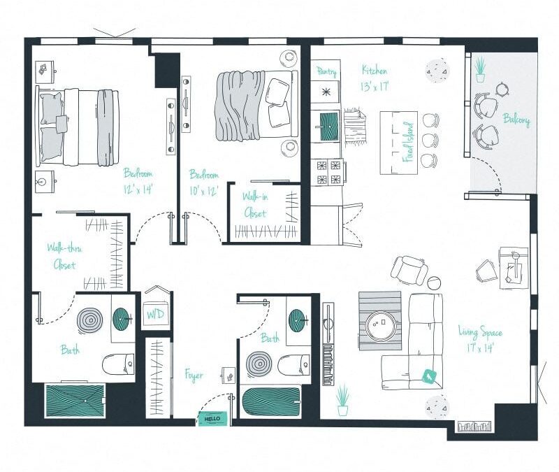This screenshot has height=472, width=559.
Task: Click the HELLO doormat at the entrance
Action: (213, 418)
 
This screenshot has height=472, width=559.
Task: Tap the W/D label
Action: (154, 315)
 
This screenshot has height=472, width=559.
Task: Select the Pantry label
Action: (326, 72)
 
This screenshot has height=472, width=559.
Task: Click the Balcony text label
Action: (516, 120)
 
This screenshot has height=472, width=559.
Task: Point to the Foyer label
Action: (194, 376)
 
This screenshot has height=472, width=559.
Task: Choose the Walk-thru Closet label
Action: (61, 256)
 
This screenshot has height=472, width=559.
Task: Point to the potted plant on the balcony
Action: (480, 69)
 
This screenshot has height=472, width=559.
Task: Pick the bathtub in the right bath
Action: (270, 405)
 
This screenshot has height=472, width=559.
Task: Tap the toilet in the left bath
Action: (118, 364)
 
